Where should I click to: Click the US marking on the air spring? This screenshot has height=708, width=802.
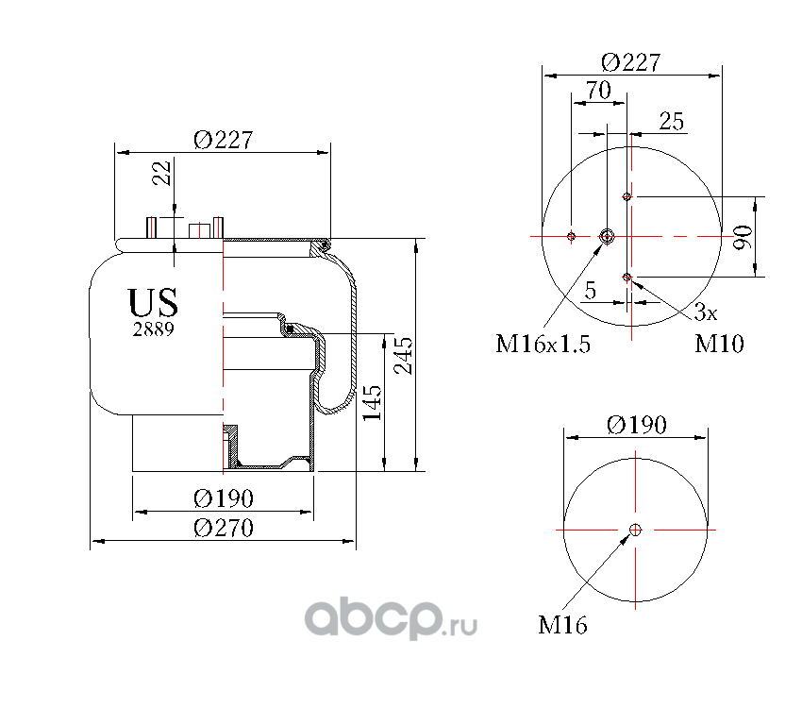coord(153,303)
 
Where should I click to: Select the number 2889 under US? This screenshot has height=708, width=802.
coord(153,329)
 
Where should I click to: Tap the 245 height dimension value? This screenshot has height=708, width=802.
coord(405,354)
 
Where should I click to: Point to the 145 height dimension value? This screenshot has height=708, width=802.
coord(372,402)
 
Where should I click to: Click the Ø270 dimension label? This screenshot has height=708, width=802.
coord(224,529)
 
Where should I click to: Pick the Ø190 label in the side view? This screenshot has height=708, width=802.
coord(224,497)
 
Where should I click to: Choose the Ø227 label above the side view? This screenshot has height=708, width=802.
coord(224,139)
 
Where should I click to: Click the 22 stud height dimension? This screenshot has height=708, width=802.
coord(162,173)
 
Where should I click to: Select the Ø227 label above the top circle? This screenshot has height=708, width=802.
coord(630,62)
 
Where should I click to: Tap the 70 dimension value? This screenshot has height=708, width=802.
coord(598,91)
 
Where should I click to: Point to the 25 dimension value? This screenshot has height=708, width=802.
coord(671,121)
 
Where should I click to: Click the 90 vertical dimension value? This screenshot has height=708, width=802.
coord(743,237)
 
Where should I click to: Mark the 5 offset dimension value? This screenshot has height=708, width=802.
coord(590,292)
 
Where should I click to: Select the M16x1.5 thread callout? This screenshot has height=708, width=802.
coord(543,344)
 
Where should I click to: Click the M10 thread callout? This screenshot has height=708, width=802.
coord(719,344)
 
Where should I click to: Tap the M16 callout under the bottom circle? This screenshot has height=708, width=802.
coord(562,624)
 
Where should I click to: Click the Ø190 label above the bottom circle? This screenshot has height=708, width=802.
coord(636,425)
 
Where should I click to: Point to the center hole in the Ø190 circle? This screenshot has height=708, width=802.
coord(636,530)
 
